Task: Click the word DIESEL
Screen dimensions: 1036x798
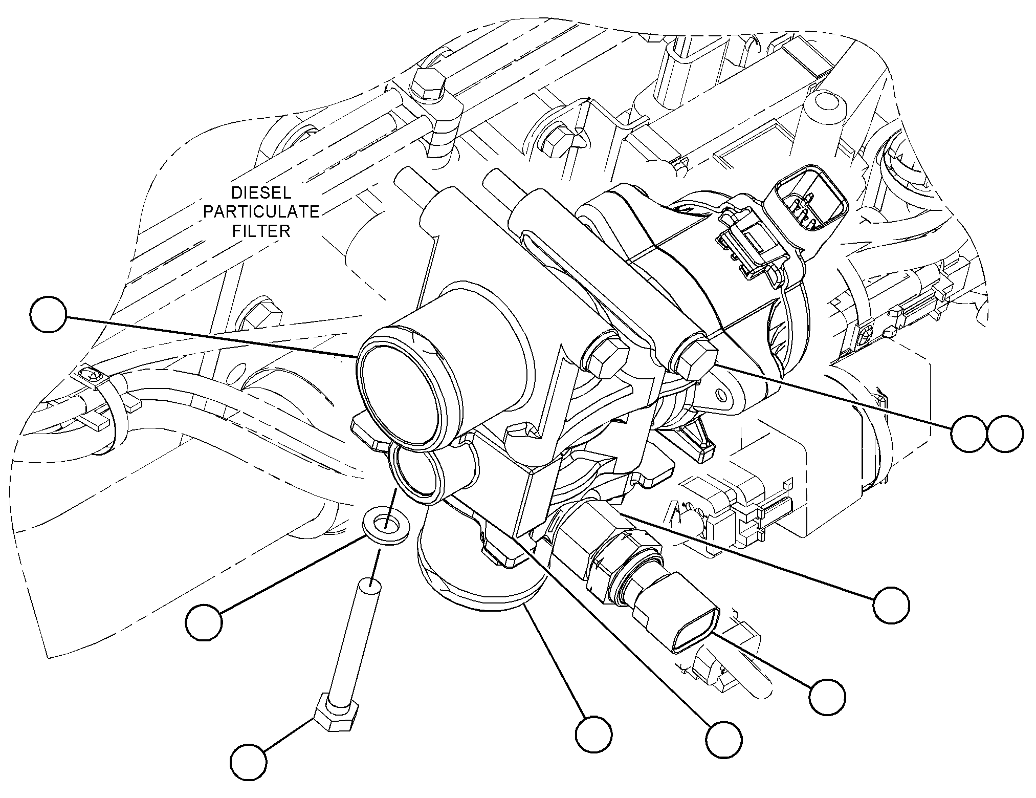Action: coord(261,193)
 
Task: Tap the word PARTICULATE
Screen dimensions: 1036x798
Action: coord(261,212)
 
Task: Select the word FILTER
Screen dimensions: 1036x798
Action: coord(261,231)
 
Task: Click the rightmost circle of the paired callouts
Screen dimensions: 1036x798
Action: coord(1005,434)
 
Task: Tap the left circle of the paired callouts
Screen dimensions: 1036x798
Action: coord(969,434)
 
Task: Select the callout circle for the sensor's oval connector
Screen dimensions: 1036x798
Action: coord(827,697)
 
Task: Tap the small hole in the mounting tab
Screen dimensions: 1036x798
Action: coord(721,394)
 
